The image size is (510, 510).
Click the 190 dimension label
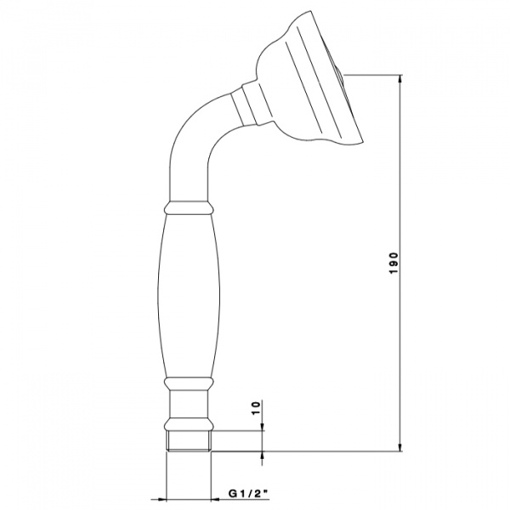point(394,263)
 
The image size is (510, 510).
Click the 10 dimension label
point(257,408)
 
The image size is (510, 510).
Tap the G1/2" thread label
point(248,494)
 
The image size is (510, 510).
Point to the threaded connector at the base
point(189,440)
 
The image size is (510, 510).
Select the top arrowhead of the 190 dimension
point(400,81)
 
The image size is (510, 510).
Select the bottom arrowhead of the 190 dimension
point(400,446)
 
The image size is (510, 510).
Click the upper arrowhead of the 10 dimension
point(262,426)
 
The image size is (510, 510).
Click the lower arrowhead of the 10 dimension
point(262,456)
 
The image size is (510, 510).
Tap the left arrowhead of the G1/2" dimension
point(161,498)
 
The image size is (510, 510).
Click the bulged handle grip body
point(189,296)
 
